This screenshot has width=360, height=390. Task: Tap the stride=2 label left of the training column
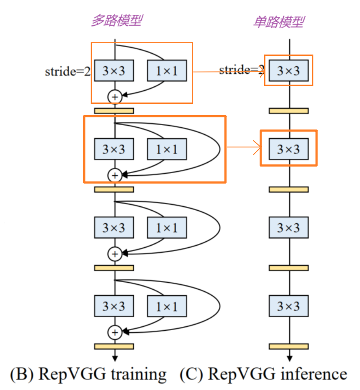[x=67, y=71]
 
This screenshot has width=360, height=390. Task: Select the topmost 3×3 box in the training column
[x=114, y=70]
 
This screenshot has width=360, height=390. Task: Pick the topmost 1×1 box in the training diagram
[x=167, y=70]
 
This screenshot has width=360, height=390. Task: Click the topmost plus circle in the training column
[x=115, y=96]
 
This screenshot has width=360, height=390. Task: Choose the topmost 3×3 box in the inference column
[x=289, y=70]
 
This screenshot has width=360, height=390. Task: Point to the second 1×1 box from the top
[x=167, y=149]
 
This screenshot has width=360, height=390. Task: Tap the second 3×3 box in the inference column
[x=289, y=149]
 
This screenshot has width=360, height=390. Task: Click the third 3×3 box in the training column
[x=114, y=227]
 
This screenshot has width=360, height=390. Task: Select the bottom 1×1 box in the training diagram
[x=167, y=306]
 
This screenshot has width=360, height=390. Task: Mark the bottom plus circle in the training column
[x=115, y=332]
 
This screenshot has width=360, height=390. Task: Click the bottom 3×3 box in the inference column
[x=289, y=306]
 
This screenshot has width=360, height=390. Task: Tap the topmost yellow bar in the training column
[x=114, y=111]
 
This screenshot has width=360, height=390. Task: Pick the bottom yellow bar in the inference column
[x=289, y=346]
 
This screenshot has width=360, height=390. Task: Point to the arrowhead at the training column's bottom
[x=115, y=358]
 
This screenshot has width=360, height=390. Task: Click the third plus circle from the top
[x=115, y=253]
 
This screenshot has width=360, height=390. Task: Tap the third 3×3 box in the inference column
[x=289, y=227]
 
